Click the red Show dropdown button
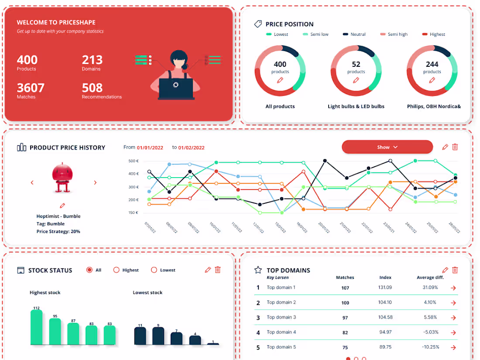click(x=387, y=147)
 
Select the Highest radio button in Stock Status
click(x=117, y=270)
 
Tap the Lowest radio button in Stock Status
click(x=154, y=270)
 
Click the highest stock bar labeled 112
click(x=37, y=327)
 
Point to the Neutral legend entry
click(x=354, y=34)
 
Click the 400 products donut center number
click(x=280, y=64)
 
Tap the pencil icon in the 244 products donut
click(x=432, y=80)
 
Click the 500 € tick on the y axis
click(x=134, y=161)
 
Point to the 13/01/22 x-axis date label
click(x=279, y=227)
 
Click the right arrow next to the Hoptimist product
click(x=95, y=183)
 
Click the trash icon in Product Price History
click(x=455, y=147)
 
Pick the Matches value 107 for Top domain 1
click(x=345, y=288)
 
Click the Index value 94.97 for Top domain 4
click(x=385, y=332)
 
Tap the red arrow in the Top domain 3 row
click(x=453, y=318)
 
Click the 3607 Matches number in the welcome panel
click(x=31, y=88)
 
